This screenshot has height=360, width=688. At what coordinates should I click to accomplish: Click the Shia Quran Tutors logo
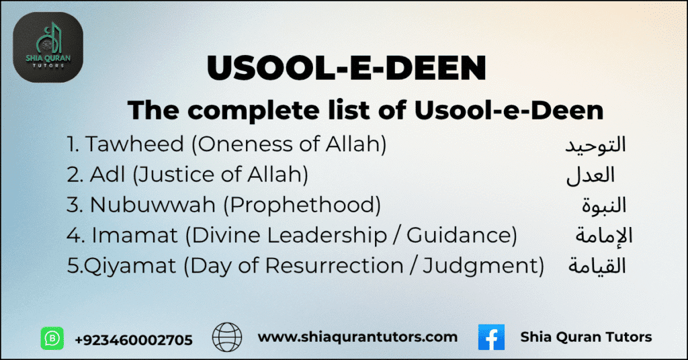48,48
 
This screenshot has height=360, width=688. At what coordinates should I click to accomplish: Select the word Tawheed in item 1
126,144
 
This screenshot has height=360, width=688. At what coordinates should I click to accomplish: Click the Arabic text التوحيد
594,144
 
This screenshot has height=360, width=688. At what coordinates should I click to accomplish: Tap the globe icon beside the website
226,337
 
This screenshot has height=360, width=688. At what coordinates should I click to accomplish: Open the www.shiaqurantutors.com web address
357,337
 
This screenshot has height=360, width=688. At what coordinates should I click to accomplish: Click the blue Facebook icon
491,337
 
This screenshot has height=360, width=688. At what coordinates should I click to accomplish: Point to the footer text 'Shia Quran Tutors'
586,337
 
